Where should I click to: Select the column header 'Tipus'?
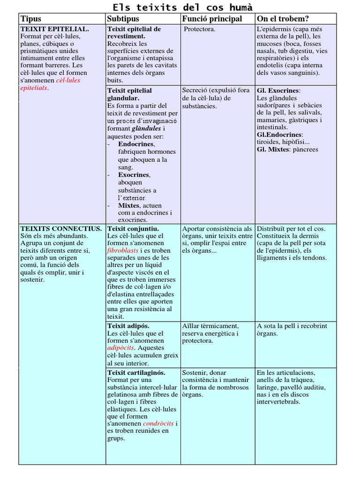pyautogui.click(x=30, y=19)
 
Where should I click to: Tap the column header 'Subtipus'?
pyautogui.click(x=123, y=19)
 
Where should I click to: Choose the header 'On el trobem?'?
pyautogui.click(x=283, y=19)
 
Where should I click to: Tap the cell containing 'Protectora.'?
pyautogui.click(x=199, y=29)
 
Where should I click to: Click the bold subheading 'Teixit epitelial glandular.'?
pyautogui.click(x=129, y=94)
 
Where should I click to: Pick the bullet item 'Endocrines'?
pyautogui.click(x=136, y=144)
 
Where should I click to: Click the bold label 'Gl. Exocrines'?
pyautogui.click(x=278, y=90)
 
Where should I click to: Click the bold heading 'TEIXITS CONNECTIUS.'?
pyautogui.click(x=61, y=229)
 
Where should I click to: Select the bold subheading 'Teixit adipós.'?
pyautogui.click(x=128, y=326)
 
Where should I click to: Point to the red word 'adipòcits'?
pyautogui.click(x=121, y=348)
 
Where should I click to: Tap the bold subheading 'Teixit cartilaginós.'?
pyautogui.click(x=136, y=373)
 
